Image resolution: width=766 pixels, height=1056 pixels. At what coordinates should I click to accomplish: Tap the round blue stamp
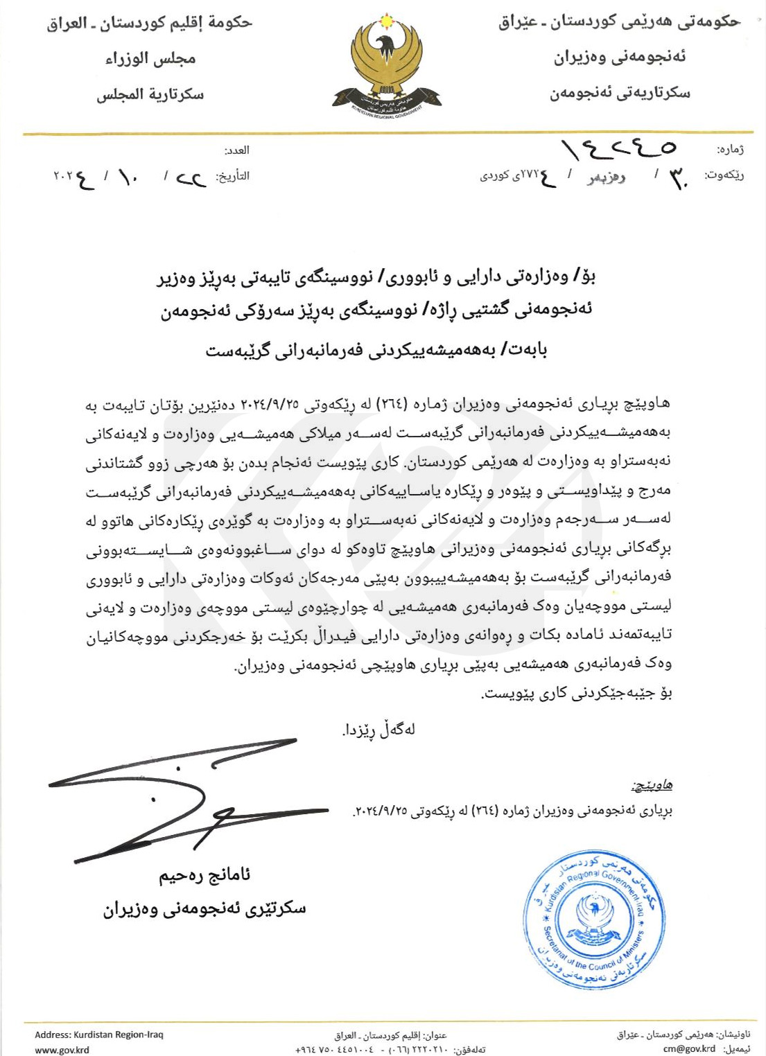(593, 919)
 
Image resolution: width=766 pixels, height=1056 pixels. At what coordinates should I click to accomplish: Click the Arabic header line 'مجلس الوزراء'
(150, 59)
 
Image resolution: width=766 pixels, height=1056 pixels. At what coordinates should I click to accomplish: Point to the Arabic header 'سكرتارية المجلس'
(150, 94)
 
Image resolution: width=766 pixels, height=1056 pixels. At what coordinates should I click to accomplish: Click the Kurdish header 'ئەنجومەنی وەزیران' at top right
(619, 57)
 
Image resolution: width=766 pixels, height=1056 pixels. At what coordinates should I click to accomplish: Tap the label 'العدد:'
(236, 150)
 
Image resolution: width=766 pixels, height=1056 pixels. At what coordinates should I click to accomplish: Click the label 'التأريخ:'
(233, 176)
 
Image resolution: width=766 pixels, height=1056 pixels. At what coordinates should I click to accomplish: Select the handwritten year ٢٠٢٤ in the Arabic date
(73, 179)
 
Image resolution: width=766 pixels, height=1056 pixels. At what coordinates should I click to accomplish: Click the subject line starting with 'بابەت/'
(376, 350)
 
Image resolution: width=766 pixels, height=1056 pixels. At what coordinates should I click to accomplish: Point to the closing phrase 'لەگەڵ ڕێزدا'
(378, 730)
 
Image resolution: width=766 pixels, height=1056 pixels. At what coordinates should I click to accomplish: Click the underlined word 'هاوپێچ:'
(652, 785)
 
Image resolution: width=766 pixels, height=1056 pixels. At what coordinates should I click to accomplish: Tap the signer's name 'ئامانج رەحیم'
(204, 876)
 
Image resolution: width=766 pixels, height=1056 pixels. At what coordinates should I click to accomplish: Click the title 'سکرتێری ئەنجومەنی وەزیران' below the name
(204, 908)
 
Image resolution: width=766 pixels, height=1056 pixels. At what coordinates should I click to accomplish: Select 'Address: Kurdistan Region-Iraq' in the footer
(99, 1035)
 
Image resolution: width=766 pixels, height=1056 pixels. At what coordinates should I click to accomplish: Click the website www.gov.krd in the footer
(62, 1049)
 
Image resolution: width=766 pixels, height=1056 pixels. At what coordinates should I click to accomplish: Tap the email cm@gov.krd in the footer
(689, 1048)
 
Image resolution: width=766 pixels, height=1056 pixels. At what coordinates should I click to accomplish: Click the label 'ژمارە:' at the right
(729, 150)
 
